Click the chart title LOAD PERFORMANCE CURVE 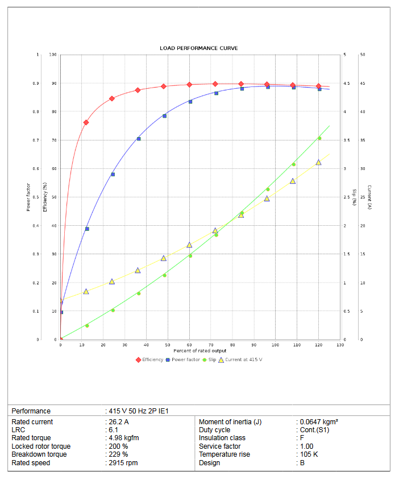point(199,48)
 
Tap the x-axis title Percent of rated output point(199,351)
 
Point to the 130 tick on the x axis point(340,345)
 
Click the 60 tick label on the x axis point(189,345)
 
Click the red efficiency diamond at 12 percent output point(86,122)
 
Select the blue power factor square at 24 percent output point(113,174)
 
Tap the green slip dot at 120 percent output point(319,138)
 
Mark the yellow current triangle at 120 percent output point(318,163)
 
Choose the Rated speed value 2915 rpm point(123,463)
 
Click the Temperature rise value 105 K point(309,454)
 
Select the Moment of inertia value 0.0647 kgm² point(319,422)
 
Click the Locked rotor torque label point(41,446)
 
